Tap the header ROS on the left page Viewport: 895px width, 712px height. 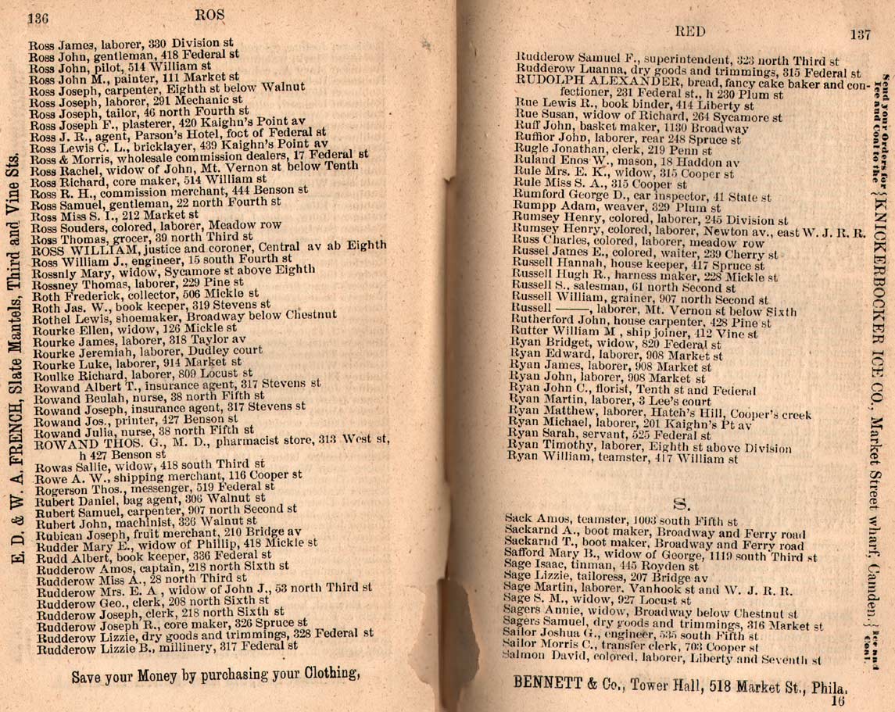(209, 14)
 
